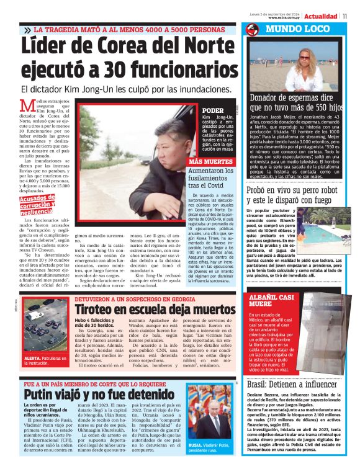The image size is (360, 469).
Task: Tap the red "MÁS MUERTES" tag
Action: (210, 161)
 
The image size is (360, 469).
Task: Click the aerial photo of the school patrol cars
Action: (46, 331)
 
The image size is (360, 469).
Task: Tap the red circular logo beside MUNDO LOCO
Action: (252, 29)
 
